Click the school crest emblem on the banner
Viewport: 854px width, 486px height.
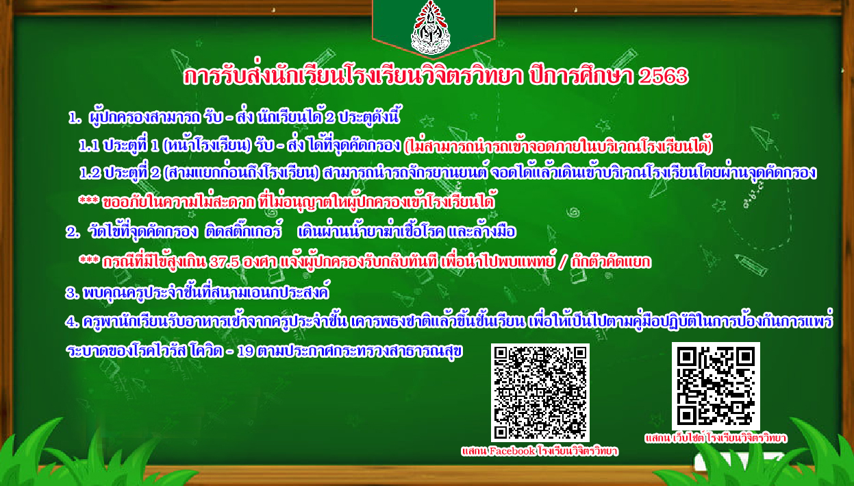point(431,27)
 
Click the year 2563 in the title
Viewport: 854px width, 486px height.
point(664,76)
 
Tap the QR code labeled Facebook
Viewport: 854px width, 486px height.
point(540,393)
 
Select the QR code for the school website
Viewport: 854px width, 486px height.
point(716,387)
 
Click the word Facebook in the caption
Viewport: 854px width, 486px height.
point(512,451)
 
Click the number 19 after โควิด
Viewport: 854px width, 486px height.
point(245,351)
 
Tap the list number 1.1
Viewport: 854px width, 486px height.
point(89,146)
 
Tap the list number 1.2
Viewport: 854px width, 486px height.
point(90,173)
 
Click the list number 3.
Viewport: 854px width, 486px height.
point(72,293)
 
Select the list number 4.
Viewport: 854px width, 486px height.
point(72,322)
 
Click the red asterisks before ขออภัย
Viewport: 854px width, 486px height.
point(88,200)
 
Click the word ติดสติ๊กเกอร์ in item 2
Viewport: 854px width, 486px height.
point(243,231)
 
